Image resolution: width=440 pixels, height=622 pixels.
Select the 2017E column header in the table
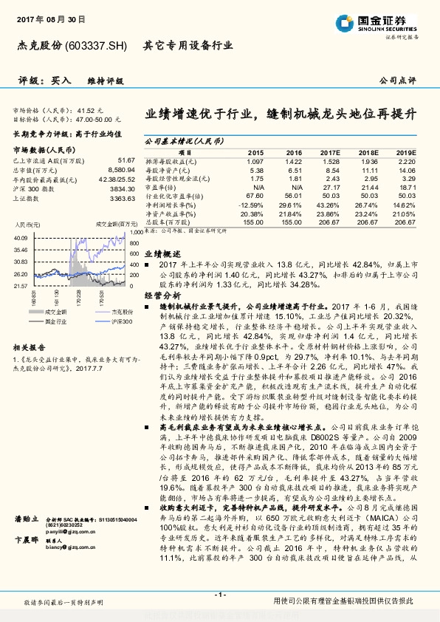pos(331,151)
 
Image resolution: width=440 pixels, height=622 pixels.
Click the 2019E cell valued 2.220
pos(406,161)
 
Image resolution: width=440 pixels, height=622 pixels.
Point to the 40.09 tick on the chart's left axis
pos(21,238)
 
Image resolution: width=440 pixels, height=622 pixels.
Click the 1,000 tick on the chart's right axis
pos(135,231)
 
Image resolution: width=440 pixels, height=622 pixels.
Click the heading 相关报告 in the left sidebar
pos(30,346)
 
